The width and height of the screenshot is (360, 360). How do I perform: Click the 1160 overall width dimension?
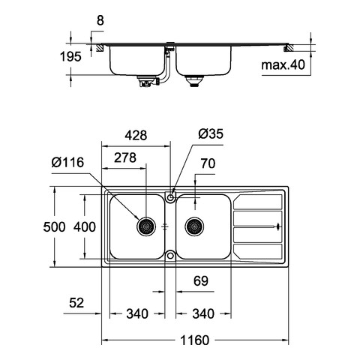[x=194, y=340]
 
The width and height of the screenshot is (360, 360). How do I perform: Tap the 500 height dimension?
[x=54, y=227]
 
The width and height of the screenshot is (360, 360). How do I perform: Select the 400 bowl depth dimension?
[x=85, y=227]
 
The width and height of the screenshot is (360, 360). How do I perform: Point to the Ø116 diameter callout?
[x=67, y=163]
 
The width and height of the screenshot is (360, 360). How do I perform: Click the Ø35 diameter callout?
[x=211, y=133]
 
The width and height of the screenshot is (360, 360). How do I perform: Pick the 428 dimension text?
[x=136, y=135]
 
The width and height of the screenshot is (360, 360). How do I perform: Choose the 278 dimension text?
[x=125, y=157]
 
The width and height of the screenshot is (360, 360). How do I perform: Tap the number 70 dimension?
[x=208, y=163]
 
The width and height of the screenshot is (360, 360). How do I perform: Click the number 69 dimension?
[x=201, y=281]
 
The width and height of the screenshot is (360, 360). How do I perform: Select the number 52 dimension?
[x=76, y=303]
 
